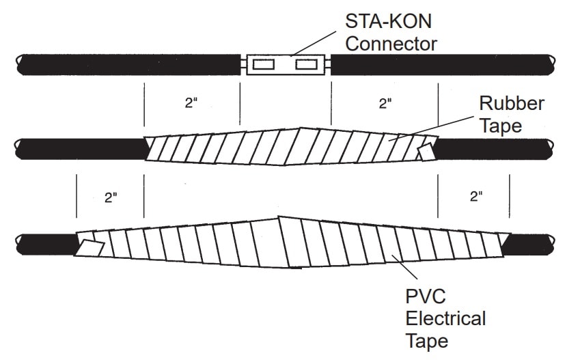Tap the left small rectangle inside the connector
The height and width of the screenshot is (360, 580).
[x=264, y=65]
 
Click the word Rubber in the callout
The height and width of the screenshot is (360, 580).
[x=511, y=104]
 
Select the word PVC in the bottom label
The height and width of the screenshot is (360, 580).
[x=425, y=299]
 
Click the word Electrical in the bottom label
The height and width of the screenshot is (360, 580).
[x=445, y=318]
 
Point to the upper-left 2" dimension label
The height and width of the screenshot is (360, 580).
[x=191, y=104]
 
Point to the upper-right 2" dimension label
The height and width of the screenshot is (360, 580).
[x=385, y=104]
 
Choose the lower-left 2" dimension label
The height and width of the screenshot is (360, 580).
[x=111, y=197]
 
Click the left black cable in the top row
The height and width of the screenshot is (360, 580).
[x=130, y=65]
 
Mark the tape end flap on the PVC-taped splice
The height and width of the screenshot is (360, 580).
[x=91, y=246]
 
